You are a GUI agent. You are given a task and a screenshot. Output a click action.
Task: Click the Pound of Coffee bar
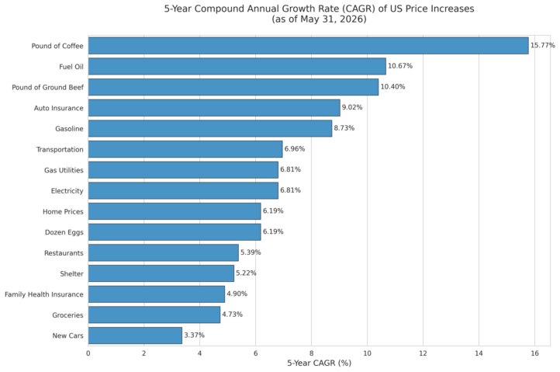click(x=308, y=46)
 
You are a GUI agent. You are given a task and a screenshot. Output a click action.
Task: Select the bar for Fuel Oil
click(x=237, y=67)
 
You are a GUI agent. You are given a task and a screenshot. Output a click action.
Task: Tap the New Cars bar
click(x=135, y=335)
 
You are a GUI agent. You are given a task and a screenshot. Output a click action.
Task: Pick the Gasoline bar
click(x=210, y=128)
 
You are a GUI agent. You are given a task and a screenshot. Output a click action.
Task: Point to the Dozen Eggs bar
click(x=175, y=232)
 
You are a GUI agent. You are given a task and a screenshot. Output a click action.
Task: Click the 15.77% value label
click(x=542, y=45)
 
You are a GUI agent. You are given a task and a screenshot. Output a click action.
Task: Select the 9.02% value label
click(x=352, y=107)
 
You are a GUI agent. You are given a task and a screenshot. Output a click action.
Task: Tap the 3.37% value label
click(x=194, y=335)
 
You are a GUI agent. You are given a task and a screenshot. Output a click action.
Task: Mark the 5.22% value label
click(x=246, y=273)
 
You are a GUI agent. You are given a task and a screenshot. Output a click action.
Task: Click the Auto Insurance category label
click(x=59, y=108)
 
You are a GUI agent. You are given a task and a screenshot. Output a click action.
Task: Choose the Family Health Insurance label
click(x=44, y=294)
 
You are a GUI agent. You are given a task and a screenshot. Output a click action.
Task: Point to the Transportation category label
click(x=60, y=150)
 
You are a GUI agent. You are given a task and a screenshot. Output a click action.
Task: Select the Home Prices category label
click(x=63, y=212)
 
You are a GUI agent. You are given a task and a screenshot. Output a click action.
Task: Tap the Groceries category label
click(x=67, y=315)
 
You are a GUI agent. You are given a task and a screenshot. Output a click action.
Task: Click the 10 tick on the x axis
click(x=367, y=353)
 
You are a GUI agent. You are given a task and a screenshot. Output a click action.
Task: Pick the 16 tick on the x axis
click(x=534, y=353)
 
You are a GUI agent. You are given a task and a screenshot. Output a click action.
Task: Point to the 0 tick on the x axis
click(x=88, y=353)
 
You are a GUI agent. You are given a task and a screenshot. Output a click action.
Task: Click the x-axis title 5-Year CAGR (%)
click(x=320, y=363)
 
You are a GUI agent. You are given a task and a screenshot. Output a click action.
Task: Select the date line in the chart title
click(x=320, y=19)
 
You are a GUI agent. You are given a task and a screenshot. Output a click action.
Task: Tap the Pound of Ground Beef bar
click(x=233, y=87)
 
